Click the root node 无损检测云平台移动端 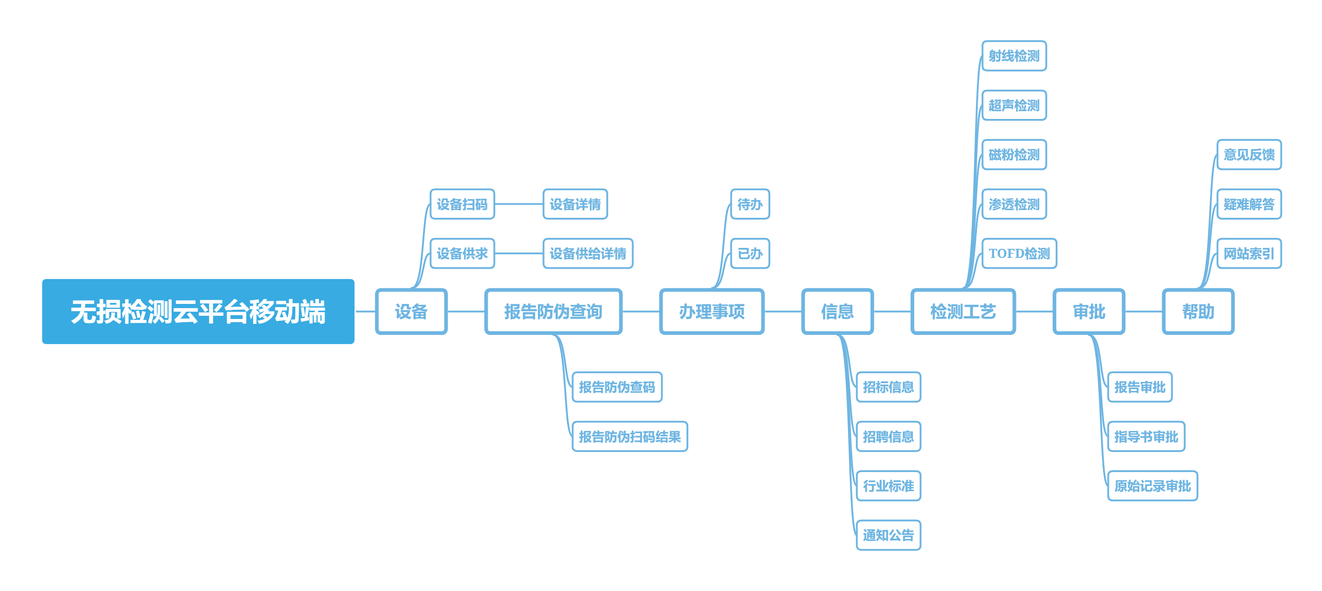coord(198,312)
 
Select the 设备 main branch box coord(411,312)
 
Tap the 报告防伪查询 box coord(553,312)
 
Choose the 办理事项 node coord(711,312)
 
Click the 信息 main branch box coord(837,312)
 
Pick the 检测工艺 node coord(963,312)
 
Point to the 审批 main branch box coord(1088,312)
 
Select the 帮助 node coord(1198,312)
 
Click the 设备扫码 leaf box coord(462,204)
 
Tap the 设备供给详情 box coord(587,254)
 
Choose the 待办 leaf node coord(750,204)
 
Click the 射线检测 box coord(1014,56)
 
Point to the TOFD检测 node coord(1019,254)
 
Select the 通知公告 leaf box coord(888,535)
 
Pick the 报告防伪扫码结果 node coord(630,437)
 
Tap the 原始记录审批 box coord(1152,486)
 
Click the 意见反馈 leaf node coord(1249,154)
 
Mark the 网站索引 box coord(1249,254)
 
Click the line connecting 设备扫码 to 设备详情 coord(519,204)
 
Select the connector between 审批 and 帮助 coord(1143,312)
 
